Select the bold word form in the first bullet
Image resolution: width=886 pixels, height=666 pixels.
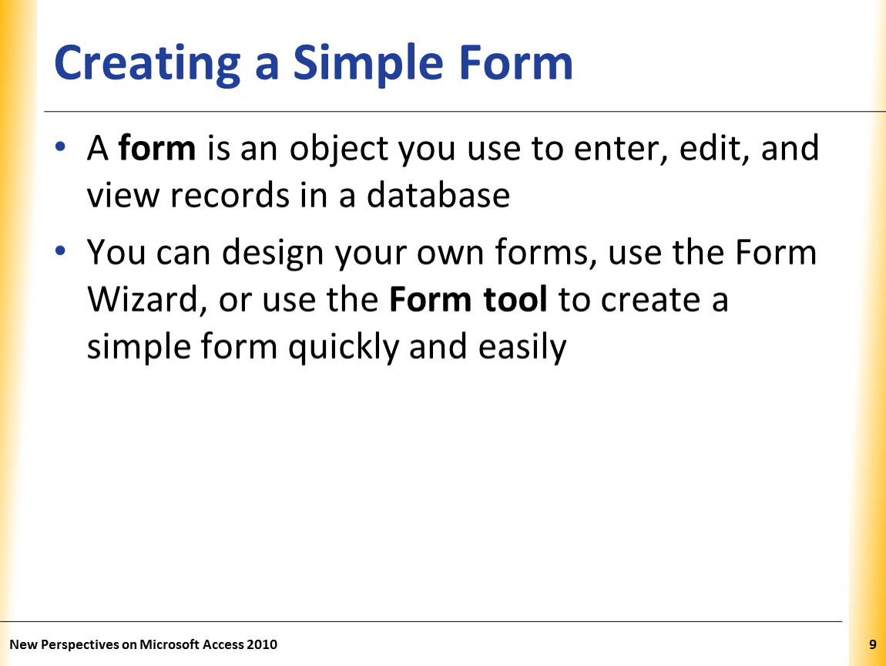coord(157,147)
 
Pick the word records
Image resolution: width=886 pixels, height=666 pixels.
coord(230,195)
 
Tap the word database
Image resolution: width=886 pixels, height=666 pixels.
coord(438,195)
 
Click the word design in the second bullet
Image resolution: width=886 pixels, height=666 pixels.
coord(273,254)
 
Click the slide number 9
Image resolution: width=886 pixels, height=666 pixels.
coord(873,644)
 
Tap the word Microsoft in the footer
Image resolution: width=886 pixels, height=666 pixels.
coord(169,644)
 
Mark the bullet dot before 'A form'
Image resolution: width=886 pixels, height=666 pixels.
coord(60,147)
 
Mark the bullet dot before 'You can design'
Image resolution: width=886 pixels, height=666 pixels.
coord(60,251)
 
